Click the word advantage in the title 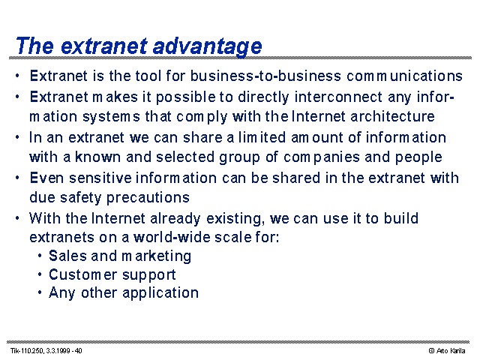207,46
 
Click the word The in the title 35,46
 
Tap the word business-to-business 265,76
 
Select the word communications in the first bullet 404,76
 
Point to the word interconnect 338,97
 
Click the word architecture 392,117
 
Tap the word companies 322,157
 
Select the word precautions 148,198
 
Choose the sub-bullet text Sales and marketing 120,256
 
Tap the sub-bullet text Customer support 112,275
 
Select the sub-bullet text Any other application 124,293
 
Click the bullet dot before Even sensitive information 17,178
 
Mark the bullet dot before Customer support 40,274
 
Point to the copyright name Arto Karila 451,351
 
